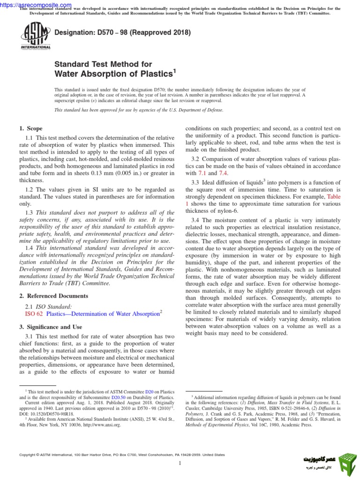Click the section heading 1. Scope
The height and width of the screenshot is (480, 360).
(30, 128)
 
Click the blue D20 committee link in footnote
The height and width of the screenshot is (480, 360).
(149, 391)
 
